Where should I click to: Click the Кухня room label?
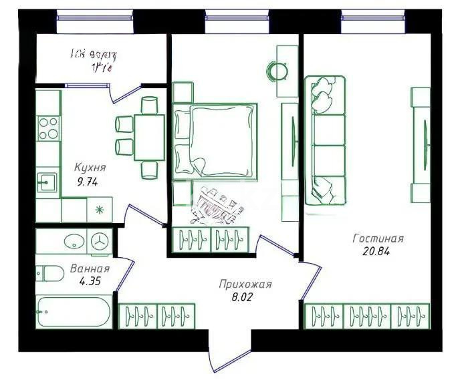pyautogui.click(x=90, y=168)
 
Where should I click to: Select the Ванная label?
pyautogui.click(x=90, y=269)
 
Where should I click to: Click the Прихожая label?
pyautogui.click(x=245, y=284)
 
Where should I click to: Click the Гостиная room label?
pyautogui.click(x=378, y=239)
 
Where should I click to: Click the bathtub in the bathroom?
pyautogui.click(x=74, y=312)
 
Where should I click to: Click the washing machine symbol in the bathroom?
pyautogui.click(x=100, y=241)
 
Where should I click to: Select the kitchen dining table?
pyautogui.click(x=148, y=137)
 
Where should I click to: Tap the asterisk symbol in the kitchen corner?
pyautogui.click(x=100, y=210)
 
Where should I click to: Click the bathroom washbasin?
pyautogui.click(x=73, y=241)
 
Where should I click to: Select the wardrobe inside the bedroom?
pyautogui.click(x=211, y=239)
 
